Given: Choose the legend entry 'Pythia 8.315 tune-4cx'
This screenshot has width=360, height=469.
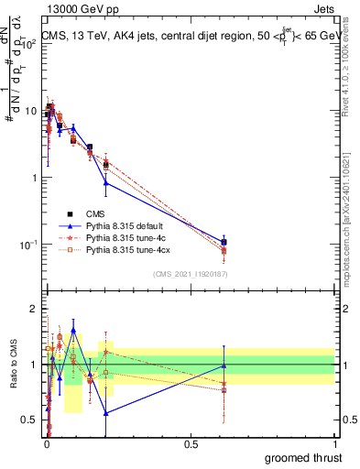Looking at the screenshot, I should click(130, 249).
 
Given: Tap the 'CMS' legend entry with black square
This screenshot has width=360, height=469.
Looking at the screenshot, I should click(95, 213).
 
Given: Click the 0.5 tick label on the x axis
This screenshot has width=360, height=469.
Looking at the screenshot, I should click(190, 442).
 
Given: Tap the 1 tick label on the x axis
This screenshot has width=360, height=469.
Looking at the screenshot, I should click(334, 442).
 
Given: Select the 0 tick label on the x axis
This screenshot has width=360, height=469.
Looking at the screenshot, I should click(46, 442).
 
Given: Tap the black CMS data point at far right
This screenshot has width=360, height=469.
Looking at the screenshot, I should click(224, 242).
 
